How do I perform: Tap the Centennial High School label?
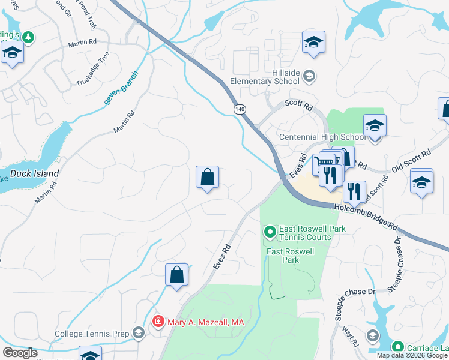(322, 137)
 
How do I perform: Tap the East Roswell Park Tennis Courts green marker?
(270, 231)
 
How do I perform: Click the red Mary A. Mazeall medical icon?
(158, 322)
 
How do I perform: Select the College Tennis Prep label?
(92, 334)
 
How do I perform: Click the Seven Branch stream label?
(121, 88)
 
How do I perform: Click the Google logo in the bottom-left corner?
(20, 353)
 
